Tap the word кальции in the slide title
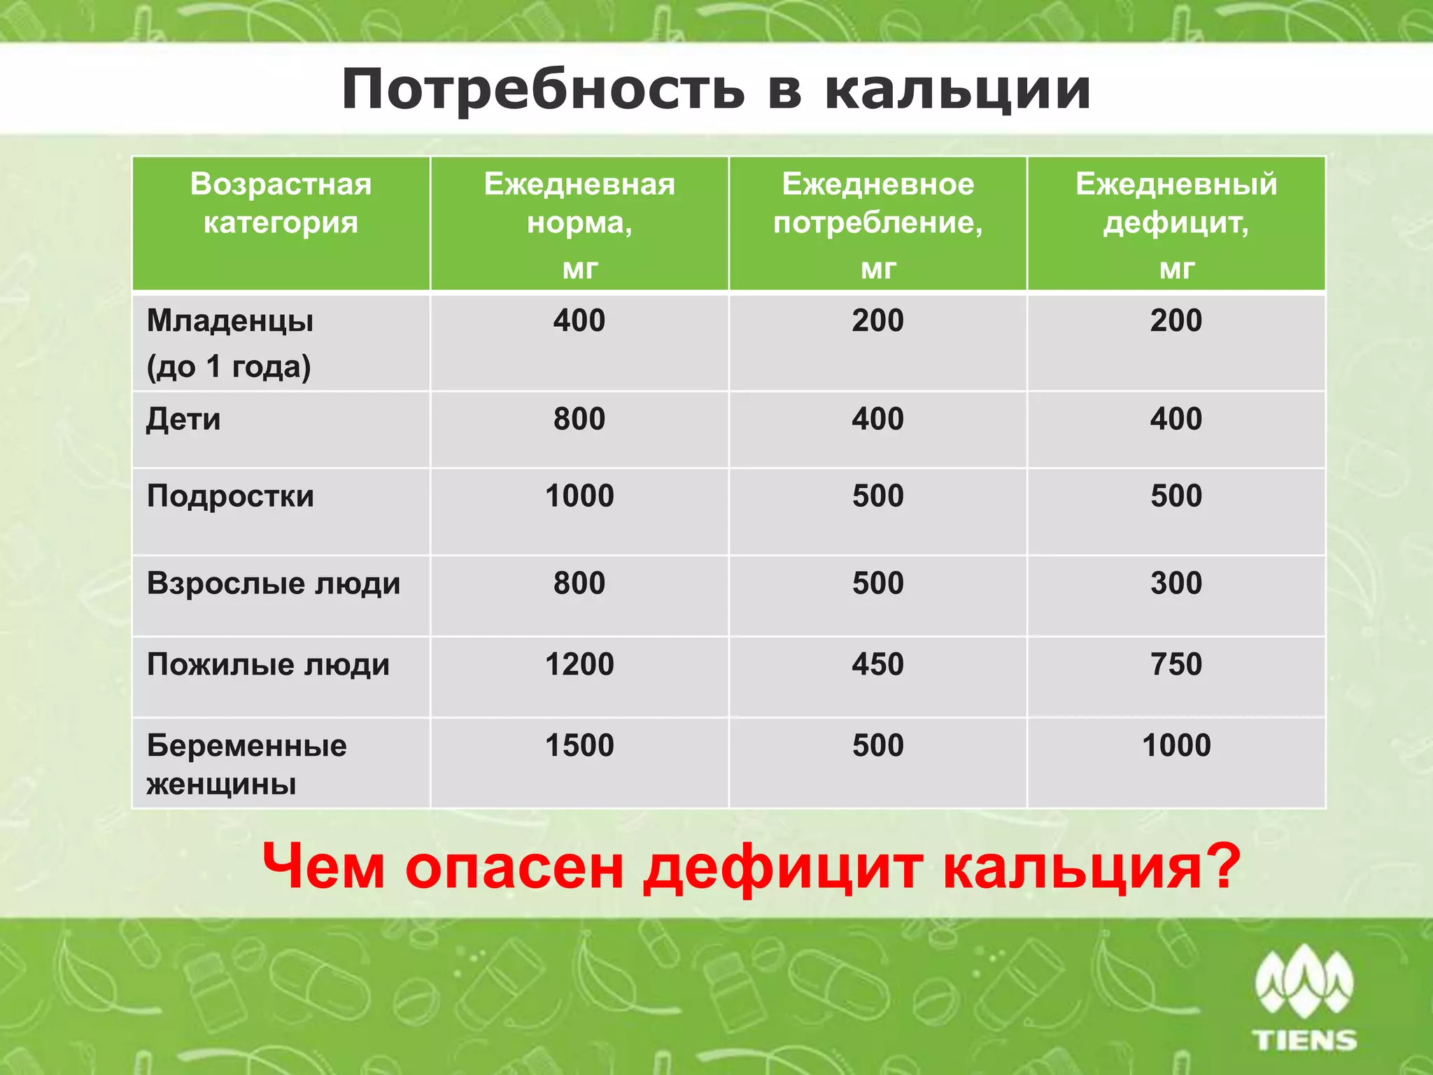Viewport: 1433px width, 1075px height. [x=958, y=90]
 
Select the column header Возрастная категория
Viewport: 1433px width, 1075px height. [x=281, y=203]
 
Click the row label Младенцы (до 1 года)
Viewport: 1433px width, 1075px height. [x=230, y=343]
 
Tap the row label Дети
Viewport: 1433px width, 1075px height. [x=183, y=419]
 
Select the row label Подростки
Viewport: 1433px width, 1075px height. [x=230, y=496]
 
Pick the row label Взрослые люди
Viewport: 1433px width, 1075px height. [x=274, y=583]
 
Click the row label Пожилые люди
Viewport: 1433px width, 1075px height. [x=268, y=664]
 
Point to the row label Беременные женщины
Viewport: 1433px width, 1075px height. [x=246, y=764]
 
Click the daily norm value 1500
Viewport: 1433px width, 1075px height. [x=579, y=745]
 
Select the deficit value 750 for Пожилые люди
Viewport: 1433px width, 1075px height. [x=1176, y=664]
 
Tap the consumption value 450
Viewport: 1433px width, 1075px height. [x=877, y=664]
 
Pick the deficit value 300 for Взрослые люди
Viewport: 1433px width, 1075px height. [x=1176, y=583]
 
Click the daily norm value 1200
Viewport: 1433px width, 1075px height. [x=579, y=664]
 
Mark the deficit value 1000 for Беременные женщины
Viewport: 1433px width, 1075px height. [x=1176, y=745]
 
